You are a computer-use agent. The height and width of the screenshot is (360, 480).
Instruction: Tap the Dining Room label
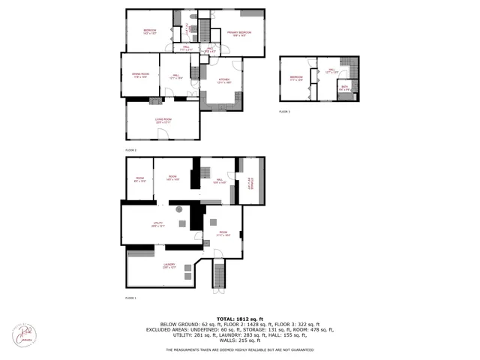(x=141, y=75)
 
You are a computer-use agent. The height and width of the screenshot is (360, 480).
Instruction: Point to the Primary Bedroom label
(x=239, y=33)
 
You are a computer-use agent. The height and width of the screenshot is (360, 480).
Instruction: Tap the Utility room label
(x=157, y=223)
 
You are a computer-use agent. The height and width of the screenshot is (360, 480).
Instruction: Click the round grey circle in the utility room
(x=179, y=210)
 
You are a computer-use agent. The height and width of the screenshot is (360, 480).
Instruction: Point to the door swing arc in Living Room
(x=163, y=133)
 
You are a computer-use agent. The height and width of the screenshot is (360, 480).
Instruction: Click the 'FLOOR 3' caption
(x=284, y=111)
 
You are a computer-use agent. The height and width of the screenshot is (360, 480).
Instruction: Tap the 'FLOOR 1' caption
(x=130, y=298)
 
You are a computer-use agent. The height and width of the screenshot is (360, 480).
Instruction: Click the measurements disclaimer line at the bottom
(x=240, y=350)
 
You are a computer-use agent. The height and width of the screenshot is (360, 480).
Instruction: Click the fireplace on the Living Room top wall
(x=155, y=100)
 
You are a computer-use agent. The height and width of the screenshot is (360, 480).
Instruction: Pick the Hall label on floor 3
(x=331, y=70)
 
